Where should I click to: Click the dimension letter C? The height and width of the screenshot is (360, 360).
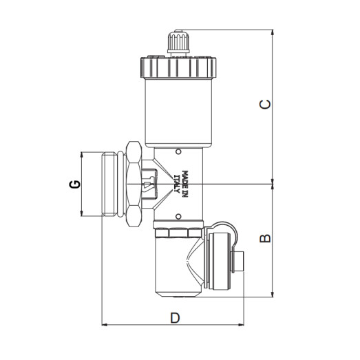click(x=265, y=104)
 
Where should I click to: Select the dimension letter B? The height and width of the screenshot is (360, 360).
click(x=265, y=238)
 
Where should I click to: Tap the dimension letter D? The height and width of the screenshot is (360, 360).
click(x=175, y=318)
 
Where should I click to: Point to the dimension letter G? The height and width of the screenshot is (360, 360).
click(x=76, y=184)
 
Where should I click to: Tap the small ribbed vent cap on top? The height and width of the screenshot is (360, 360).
click(x=178, y=43)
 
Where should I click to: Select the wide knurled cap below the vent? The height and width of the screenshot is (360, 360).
click(x=178, y=67)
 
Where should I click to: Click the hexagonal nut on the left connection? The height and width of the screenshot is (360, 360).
click(x=133, y=183)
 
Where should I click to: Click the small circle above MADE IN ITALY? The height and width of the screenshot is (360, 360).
click(x=178, y=150)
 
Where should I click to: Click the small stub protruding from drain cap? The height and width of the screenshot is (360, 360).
click(x=241, y=262)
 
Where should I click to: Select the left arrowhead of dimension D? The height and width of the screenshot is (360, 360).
click(x=105, y=324)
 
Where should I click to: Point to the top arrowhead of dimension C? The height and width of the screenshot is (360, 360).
click(x=273, y=32)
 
